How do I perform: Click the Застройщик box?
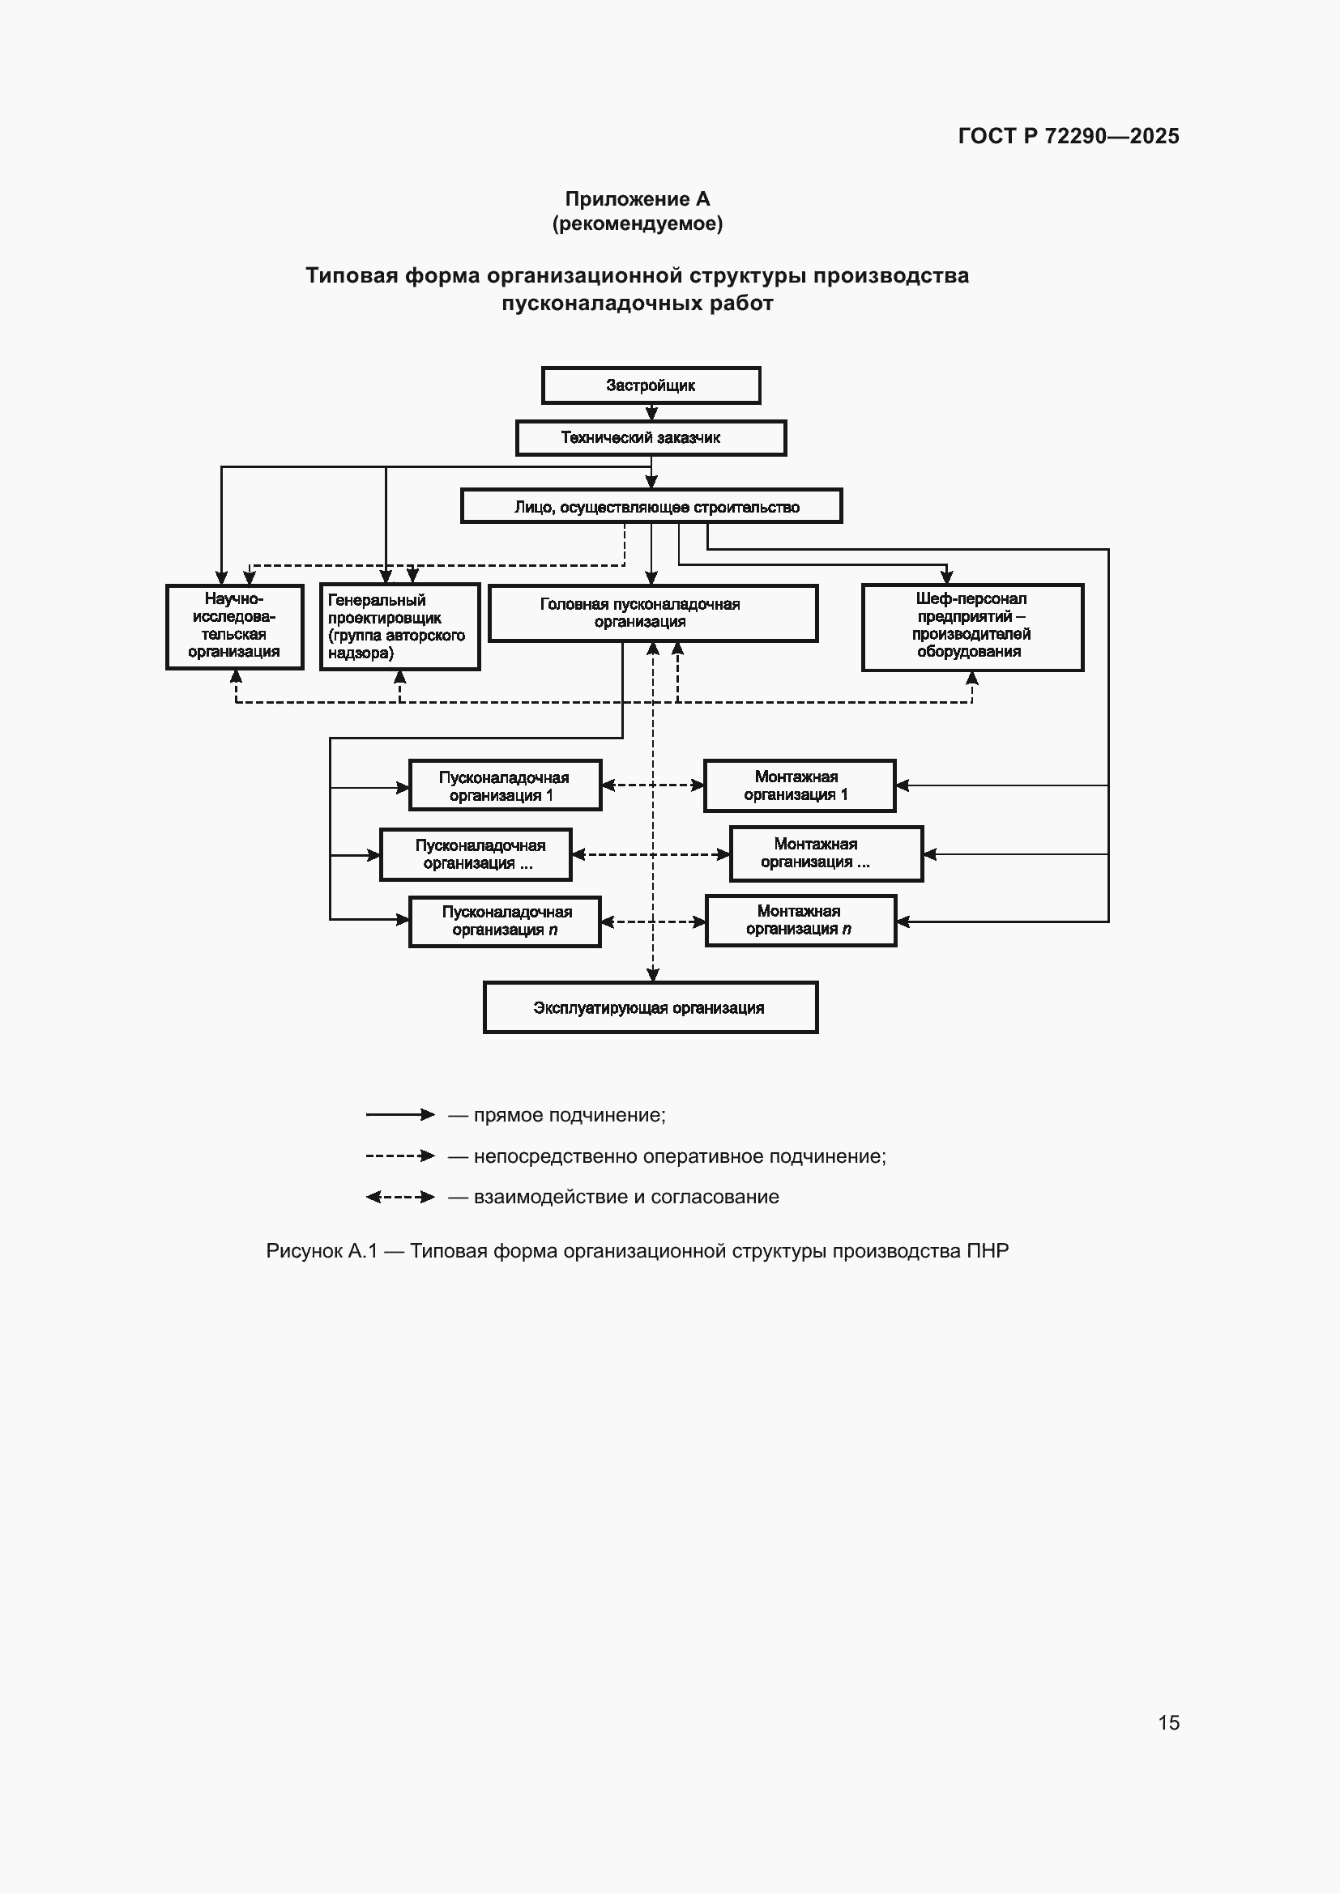651,385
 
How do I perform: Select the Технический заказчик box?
651,438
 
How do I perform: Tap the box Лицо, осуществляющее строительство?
651,506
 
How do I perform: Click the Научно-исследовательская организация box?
235,626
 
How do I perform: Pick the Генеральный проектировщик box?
400,627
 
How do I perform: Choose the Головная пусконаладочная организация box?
653,613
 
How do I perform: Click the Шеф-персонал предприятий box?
973,627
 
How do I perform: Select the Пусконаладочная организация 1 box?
505,785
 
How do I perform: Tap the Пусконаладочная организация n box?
505,921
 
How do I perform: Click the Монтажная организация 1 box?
800,785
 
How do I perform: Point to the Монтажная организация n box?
800,921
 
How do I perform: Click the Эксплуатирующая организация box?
651,1007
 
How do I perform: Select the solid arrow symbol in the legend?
400,1114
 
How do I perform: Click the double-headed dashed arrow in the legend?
400,1196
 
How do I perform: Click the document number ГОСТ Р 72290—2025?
1069,136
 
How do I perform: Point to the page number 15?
1168,1722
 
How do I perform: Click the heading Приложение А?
637,199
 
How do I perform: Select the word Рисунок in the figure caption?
304,1250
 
